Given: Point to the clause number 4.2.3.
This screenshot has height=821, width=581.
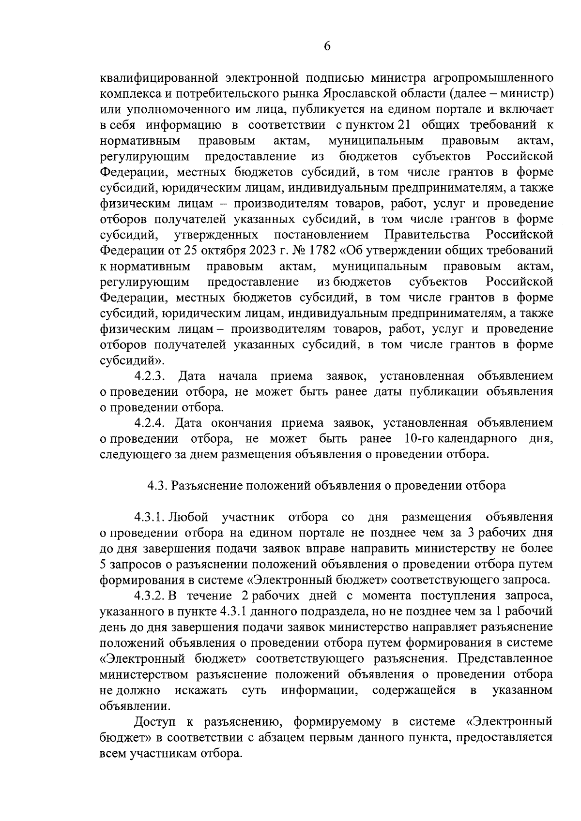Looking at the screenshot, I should [x=150, y=376].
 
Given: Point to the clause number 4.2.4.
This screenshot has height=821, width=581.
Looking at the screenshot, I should [x=150, y=423].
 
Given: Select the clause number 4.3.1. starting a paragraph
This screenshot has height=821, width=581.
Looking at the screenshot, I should [x=151, y=517].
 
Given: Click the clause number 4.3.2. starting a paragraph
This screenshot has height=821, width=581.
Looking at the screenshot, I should [x=151, y=596].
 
